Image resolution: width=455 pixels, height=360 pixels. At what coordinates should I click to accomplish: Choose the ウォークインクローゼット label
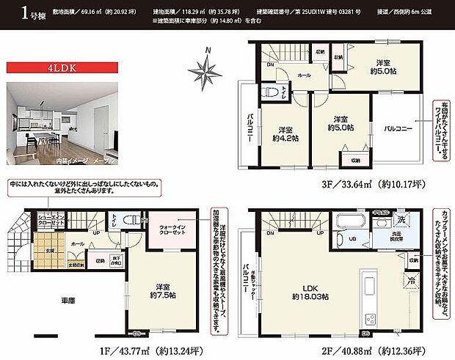(173, 232)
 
